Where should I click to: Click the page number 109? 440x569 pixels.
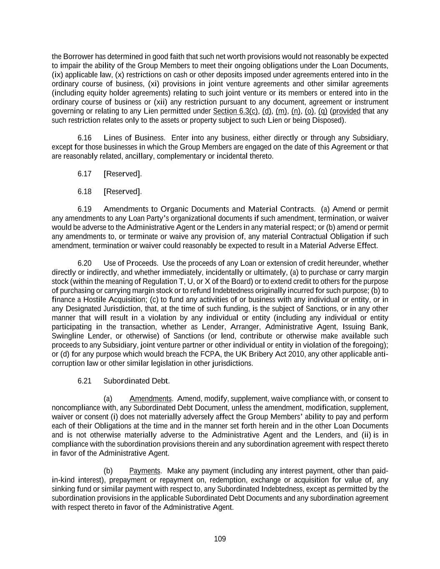point(220,539)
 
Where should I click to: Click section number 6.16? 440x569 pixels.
point(85,138)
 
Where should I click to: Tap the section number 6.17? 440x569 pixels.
point(85,174)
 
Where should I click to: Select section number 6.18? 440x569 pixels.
point(85,192)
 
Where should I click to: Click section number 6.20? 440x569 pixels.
point(85,263)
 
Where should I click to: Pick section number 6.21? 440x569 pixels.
point(85,381)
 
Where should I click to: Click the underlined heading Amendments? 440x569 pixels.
point(151,399)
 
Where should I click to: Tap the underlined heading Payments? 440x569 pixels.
point(145,471)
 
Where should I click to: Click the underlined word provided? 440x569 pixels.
point(346,111)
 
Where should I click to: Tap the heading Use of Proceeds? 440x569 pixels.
point(131,263)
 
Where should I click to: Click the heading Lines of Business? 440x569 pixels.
point(134,138)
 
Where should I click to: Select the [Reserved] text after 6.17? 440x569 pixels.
point(122,174)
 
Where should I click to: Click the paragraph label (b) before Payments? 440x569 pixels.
point(108,471)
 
